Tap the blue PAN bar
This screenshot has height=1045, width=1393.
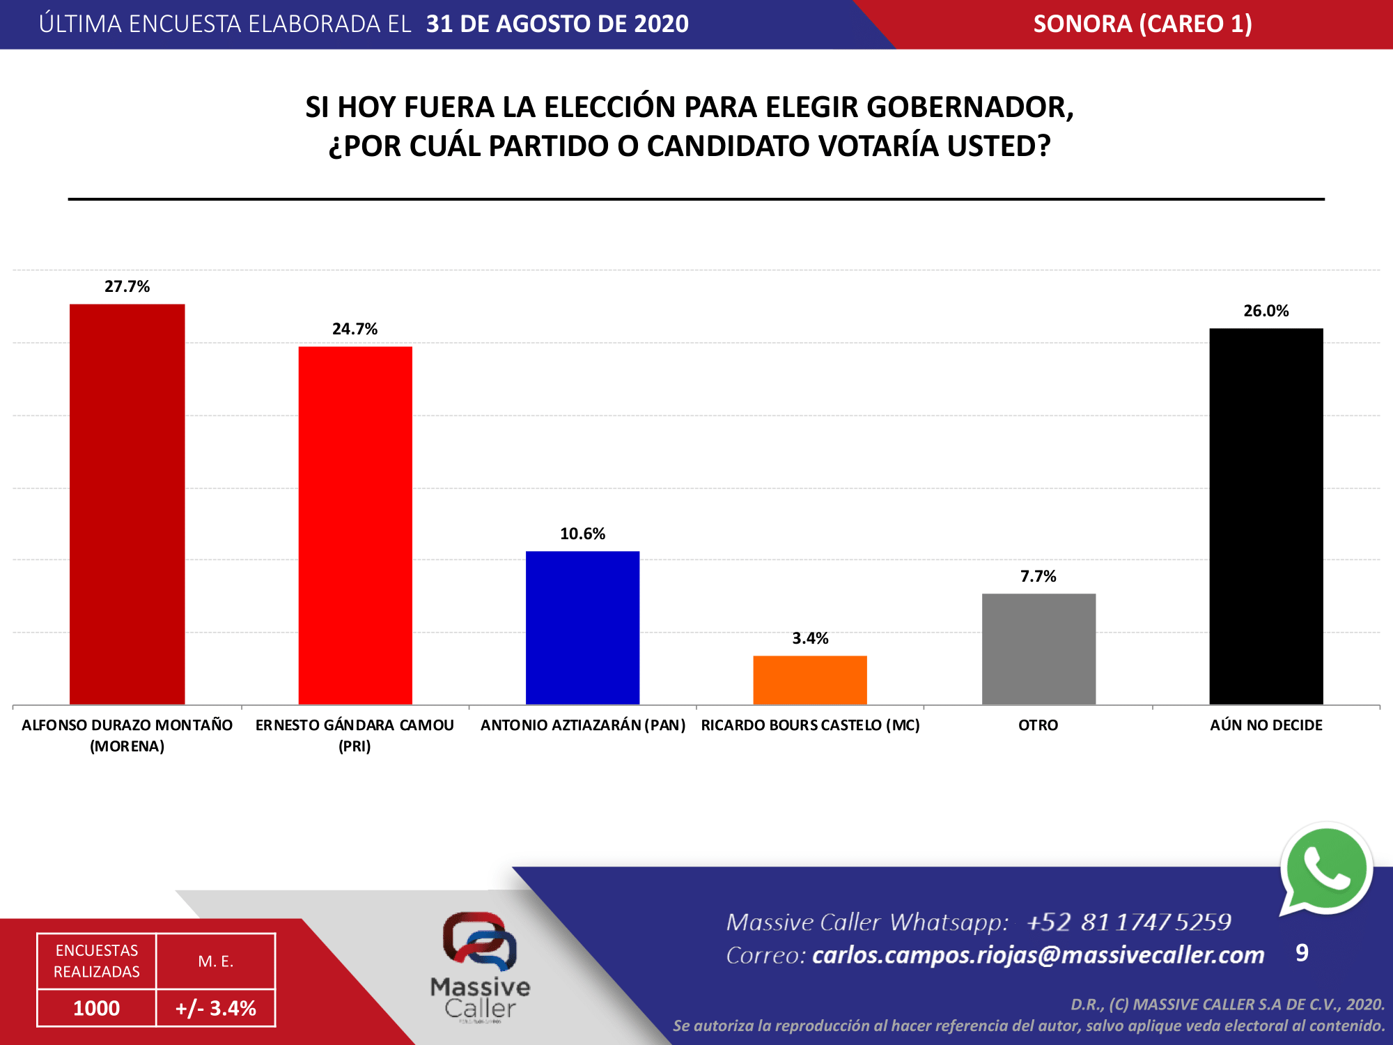[x=582, y=627]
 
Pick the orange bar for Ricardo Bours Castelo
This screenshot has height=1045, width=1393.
[x=810, y=679]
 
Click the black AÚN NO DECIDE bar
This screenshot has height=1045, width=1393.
[x=1266, y=516]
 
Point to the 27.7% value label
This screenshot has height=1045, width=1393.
[x=127, y=286]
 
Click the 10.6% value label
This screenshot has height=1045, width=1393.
[x=582, y=534]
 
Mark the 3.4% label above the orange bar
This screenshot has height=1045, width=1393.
[x=810, y=638]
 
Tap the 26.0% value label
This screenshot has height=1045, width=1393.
[x=1266, y=311]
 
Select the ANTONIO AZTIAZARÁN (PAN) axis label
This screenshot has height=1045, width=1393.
[x=582, y=725]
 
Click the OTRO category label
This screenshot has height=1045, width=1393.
[x=1038, y=725]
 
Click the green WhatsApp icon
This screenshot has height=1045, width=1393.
[x=1325, y=869]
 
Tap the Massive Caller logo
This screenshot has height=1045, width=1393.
[x=480, y=965]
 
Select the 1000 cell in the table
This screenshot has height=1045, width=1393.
[x=96, y=1008]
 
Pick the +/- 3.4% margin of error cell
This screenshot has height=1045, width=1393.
[x=216, y=1008]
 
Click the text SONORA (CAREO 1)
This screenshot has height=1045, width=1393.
[x=1142, y=24]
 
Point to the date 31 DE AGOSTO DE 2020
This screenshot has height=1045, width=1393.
[x=557, y=24]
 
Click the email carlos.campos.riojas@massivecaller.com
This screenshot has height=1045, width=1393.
[x=1038, y=954]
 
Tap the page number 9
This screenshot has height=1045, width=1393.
[x=1301, y=952]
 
